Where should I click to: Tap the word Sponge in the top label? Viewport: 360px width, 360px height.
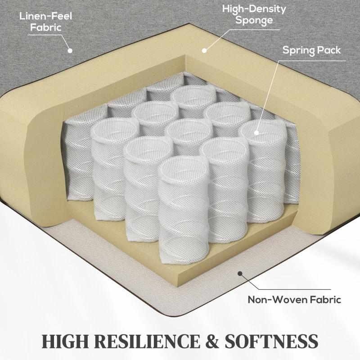(254, 20)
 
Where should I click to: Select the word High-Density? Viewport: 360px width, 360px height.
(254, 9)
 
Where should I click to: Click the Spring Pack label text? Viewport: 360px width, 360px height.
(311, 50)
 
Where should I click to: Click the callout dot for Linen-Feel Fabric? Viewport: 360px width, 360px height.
(70, 51)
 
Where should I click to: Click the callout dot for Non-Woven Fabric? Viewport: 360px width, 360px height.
(241, 273)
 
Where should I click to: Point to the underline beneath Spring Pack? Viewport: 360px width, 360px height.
(315, 60)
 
